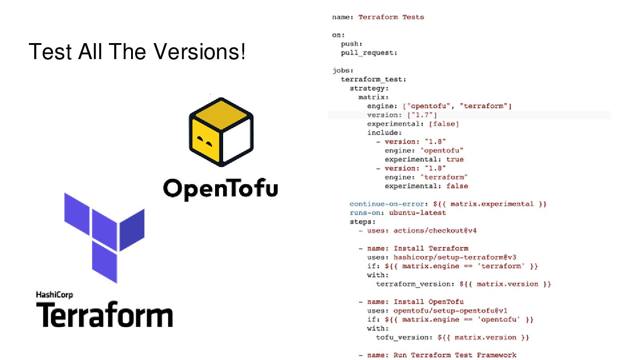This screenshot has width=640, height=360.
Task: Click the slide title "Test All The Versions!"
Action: tap(137, 52)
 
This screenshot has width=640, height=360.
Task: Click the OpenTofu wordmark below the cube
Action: tap(220, 188)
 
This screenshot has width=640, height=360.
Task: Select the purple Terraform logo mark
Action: tap(104, 237)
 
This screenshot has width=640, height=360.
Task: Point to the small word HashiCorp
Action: tap(54, 295)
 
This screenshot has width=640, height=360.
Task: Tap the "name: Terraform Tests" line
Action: tap(378, 17)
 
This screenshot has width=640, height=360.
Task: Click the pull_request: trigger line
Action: tap(369, 53)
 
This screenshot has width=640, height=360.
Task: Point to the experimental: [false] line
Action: tap(412, 124)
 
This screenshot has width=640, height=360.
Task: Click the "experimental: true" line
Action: tap(424, 160)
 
